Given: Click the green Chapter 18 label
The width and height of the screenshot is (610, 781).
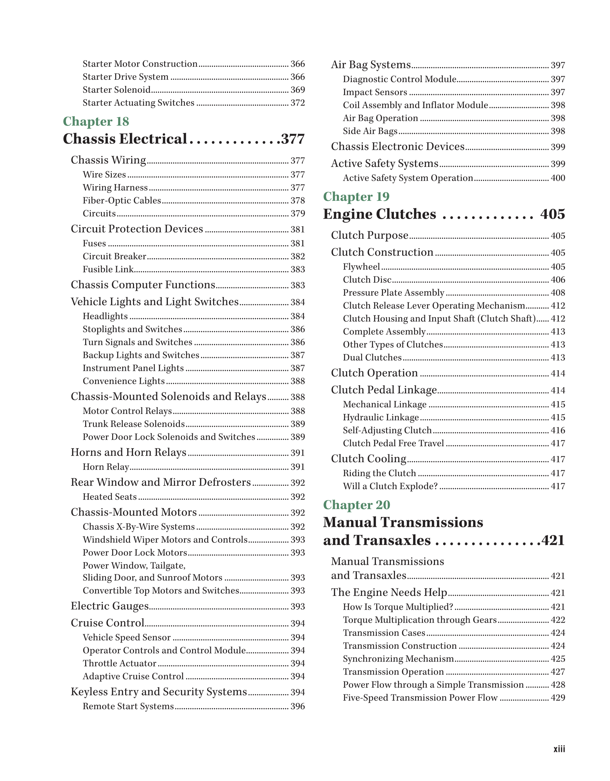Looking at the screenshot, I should coord(96,121).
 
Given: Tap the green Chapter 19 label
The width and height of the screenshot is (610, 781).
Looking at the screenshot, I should coord(356,197).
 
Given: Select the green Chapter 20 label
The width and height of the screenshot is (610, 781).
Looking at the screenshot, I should coord(356,505).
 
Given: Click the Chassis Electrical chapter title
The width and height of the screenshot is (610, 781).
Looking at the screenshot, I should coord(125,139).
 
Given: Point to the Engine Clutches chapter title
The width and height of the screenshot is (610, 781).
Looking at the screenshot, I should coord(379,214).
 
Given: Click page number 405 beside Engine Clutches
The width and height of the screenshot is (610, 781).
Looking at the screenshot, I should coord(552,214).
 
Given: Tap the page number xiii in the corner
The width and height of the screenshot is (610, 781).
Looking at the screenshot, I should coord(559,749).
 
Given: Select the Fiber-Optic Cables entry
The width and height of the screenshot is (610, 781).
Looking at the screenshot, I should coord(122,200).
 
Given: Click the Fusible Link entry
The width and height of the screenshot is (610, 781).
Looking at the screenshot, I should coord(108,269).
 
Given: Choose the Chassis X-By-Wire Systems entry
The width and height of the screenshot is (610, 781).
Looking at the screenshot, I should coord(139,527).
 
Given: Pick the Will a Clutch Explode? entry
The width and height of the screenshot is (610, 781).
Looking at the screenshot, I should coord(390,486).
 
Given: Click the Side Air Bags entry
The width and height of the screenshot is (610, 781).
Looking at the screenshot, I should coord(370,131).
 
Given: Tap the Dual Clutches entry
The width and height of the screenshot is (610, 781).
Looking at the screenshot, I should coord(372,357).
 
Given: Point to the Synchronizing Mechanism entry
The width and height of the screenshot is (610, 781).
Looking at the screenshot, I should coord(398,659).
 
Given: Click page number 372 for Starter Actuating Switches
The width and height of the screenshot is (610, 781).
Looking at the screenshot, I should coord(297,103).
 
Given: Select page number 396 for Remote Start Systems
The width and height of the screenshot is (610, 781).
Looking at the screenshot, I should coord(297,707).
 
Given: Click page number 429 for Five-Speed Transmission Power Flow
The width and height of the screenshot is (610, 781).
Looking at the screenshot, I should coord(557,698).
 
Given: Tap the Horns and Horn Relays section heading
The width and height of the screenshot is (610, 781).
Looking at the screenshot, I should coord(128,452).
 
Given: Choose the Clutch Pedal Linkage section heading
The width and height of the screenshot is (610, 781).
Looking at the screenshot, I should coord(384,390).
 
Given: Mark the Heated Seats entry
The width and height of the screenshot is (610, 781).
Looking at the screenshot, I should coord(109,497).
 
